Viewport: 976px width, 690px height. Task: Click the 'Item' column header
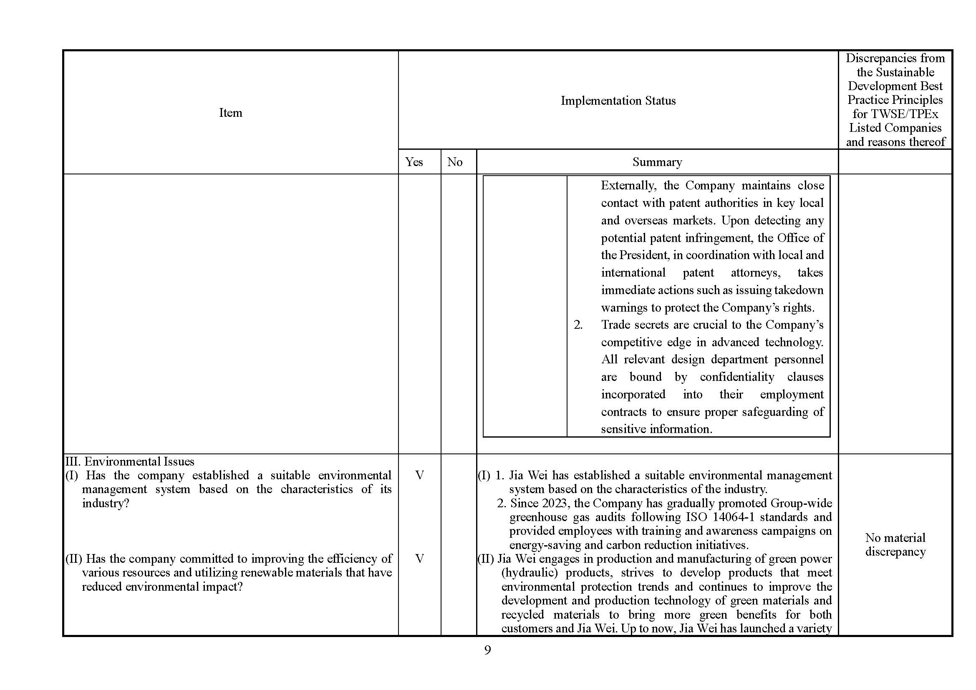pos(230,113)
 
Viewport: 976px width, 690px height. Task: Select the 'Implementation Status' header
pos(618,101)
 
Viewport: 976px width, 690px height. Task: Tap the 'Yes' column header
pos(414,162)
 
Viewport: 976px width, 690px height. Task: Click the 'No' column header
pos(454,162)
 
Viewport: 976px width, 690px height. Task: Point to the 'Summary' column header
pos(657,162)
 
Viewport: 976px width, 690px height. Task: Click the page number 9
pos(487,650)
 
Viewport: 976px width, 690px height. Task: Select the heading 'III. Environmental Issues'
pos(130,461)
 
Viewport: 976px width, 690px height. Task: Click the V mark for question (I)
pos(419,475)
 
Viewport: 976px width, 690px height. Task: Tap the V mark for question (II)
pos(419,558)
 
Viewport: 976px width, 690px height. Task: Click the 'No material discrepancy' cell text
pos(895,545)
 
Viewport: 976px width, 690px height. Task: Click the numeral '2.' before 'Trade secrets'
pos(578,325)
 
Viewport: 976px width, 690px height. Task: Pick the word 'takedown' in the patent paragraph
pos(799,290)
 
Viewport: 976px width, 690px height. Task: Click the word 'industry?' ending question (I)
pos(106,503)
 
